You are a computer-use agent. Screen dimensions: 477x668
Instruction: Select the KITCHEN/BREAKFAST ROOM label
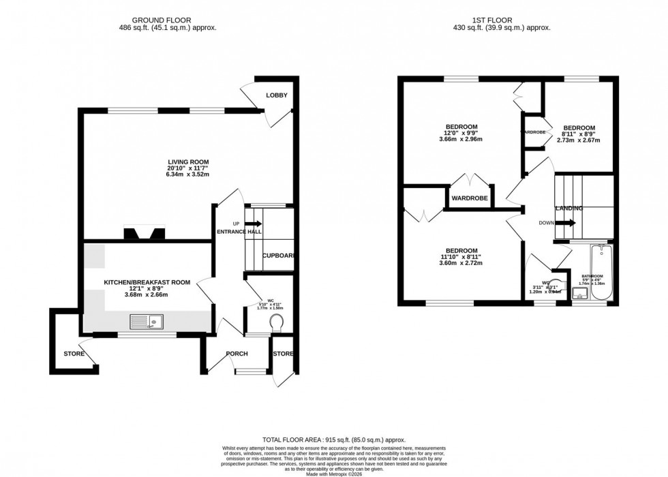[x=137, y=281]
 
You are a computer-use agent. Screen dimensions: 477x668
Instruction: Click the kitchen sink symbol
[x=146, y=322]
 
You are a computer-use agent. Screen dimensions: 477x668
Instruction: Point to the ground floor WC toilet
[x=277, y=322]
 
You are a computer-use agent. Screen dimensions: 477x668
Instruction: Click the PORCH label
[x=237, y=354]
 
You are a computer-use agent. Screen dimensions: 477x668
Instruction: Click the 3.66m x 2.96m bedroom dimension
[x=461, y=140]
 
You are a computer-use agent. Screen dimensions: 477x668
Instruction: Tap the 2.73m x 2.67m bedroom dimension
[x=578, y=140]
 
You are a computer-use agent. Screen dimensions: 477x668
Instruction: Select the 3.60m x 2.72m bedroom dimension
[x=461, y=263]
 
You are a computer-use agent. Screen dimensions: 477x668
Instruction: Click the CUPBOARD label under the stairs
[x=278, y=256]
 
